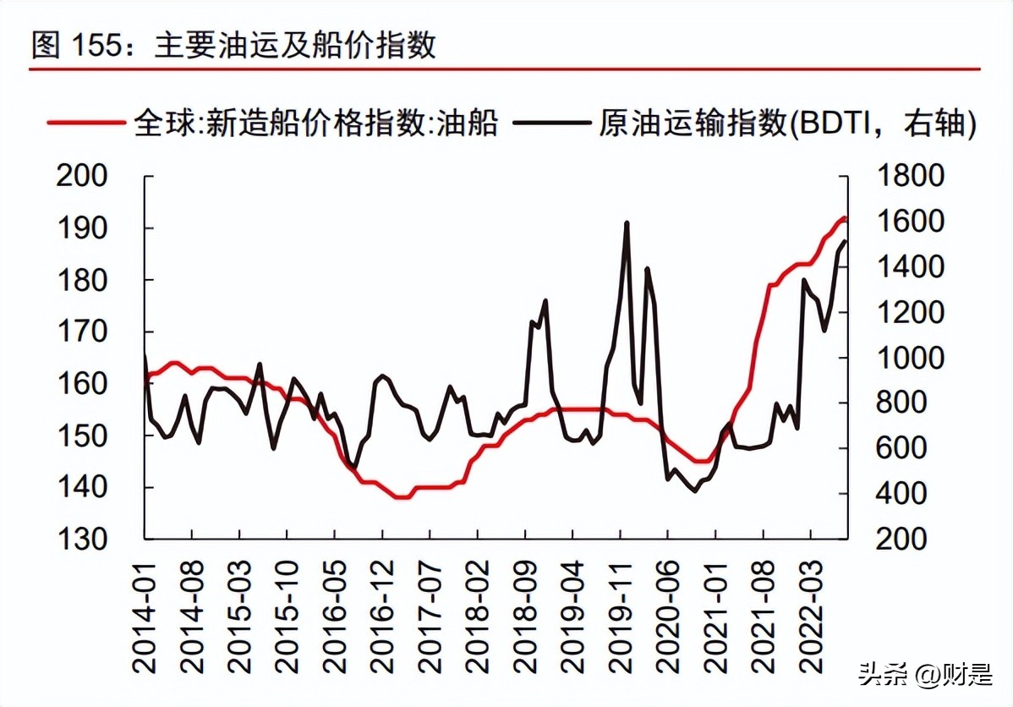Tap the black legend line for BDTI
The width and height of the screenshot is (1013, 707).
[x=554, y=123]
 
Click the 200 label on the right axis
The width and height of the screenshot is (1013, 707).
[x=901, y=539]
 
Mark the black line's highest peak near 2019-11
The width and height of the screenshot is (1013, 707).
[x=627, y=223]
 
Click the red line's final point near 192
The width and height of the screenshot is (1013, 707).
[x=843, y=218]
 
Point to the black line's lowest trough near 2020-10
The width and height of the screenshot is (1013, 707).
[x=695, y=491]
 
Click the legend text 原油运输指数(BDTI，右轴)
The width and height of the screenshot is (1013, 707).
[x=787, y=123]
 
